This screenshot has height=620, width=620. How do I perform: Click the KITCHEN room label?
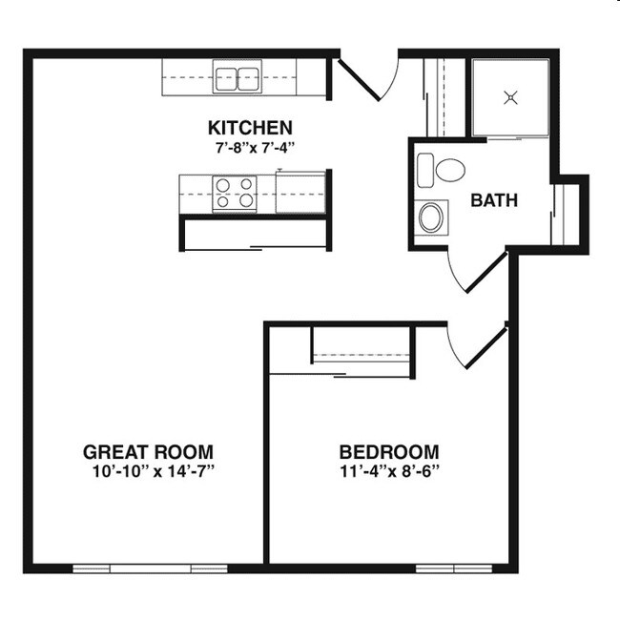click(250, 127)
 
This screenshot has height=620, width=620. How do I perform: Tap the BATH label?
click(494, 200)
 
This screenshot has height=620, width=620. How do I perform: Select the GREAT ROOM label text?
click(148, 451)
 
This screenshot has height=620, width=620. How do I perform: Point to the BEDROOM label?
click(389, 451)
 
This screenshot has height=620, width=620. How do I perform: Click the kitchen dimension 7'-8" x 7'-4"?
click(250, 147)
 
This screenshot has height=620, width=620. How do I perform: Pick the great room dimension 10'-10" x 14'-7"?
click(148, 470)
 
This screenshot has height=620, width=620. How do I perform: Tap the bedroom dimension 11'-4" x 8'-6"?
click(389, 470)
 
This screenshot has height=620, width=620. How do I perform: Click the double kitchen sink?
click(238, 77)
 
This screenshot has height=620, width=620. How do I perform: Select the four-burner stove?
click(234, 193)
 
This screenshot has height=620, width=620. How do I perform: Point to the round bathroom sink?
click(432, 217)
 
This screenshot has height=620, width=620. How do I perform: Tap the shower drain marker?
click(511, 96)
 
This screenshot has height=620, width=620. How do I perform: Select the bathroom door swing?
click(477, 270)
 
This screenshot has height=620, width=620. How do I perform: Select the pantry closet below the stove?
click(255, 234)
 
